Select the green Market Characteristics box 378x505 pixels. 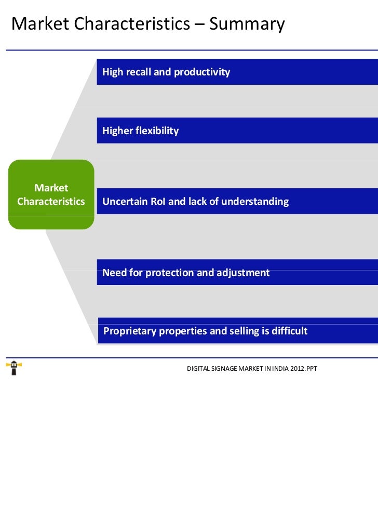click(51, 195)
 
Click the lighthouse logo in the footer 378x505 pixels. click(14, 368)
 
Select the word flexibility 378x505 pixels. click(157, 131)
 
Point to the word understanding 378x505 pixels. click(255, 201)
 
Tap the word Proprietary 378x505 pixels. click(130, 331)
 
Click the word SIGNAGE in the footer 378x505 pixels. click(221, 369)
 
